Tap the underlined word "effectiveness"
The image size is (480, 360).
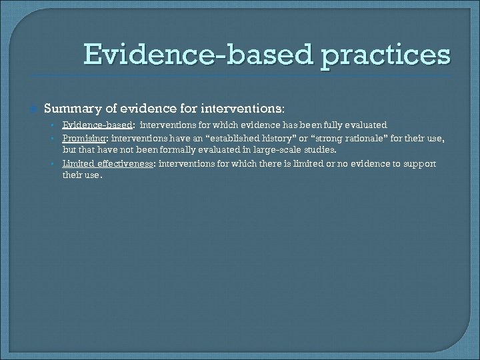[x=128, y=163]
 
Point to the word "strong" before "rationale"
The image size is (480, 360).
[x=331, y=138]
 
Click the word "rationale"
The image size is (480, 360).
[x=373, y=138]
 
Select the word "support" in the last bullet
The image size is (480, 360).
[x=435, y=163]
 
